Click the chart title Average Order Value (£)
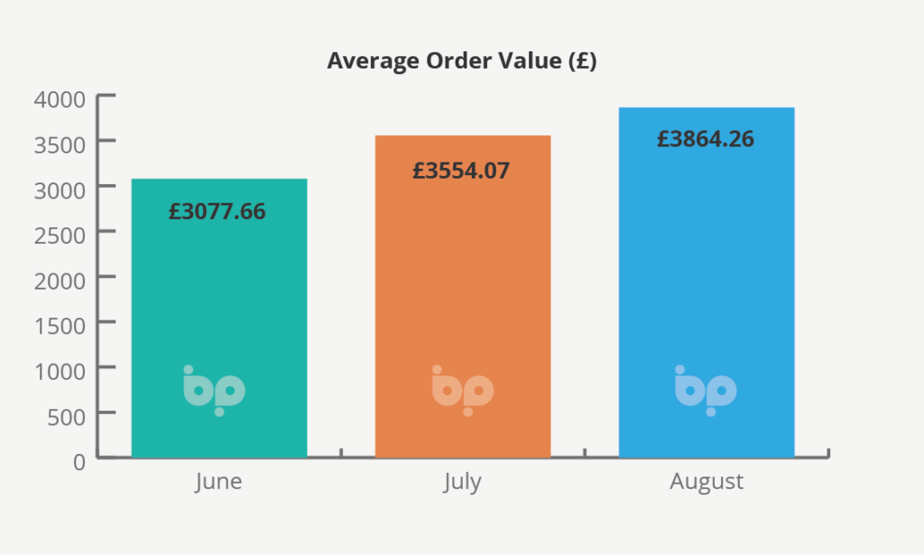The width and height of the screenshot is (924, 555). coord(462,61)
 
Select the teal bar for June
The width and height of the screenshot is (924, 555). coord(219,298)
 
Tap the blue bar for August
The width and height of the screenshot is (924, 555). coord(707,271)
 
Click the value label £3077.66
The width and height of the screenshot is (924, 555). coord(217,212)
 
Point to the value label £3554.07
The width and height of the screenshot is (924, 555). coord(461,170)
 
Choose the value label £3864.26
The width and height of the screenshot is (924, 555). coord(706,139)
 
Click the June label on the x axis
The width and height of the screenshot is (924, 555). coord(218,481)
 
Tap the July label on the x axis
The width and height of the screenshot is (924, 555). coord(462,481)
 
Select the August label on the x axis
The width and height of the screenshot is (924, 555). coord(707,481)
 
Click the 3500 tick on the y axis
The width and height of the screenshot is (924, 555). coord(60,143)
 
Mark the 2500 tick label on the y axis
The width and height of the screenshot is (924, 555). coord(60,234)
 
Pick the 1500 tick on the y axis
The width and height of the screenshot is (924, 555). coord(60,324)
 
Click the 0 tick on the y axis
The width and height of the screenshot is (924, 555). coord(79,460)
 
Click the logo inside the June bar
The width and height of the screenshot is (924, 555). coord(215,391)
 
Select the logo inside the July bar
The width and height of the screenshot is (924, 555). coord(463,391)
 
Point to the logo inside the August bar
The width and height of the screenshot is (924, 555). coord(706,391)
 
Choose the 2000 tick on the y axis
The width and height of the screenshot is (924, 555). coord(60,279)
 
